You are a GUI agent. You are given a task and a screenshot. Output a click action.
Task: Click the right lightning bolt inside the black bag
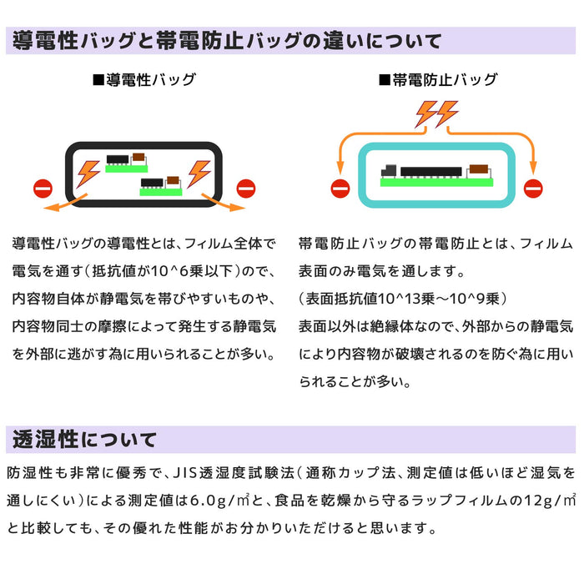coord(199,172)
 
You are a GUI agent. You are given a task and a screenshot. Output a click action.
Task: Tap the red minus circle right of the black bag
coord(244,187)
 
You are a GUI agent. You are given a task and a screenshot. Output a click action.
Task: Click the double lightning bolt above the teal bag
coord(437,113)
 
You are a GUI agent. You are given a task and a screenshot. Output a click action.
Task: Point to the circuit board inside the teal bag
coord(436,174)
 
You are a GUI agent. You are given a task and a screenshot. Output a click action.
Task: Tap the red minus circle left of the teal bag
coord(340,188)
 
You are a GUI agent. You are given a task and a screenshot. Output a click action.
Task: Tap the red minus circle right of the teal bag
coord(532,188)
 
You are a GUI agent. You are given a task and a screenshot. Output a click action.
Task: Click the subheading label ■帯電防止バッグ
coord(437,80)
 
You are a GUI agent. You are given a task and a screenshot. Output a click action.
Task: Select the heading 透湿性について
coord(84,439)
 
